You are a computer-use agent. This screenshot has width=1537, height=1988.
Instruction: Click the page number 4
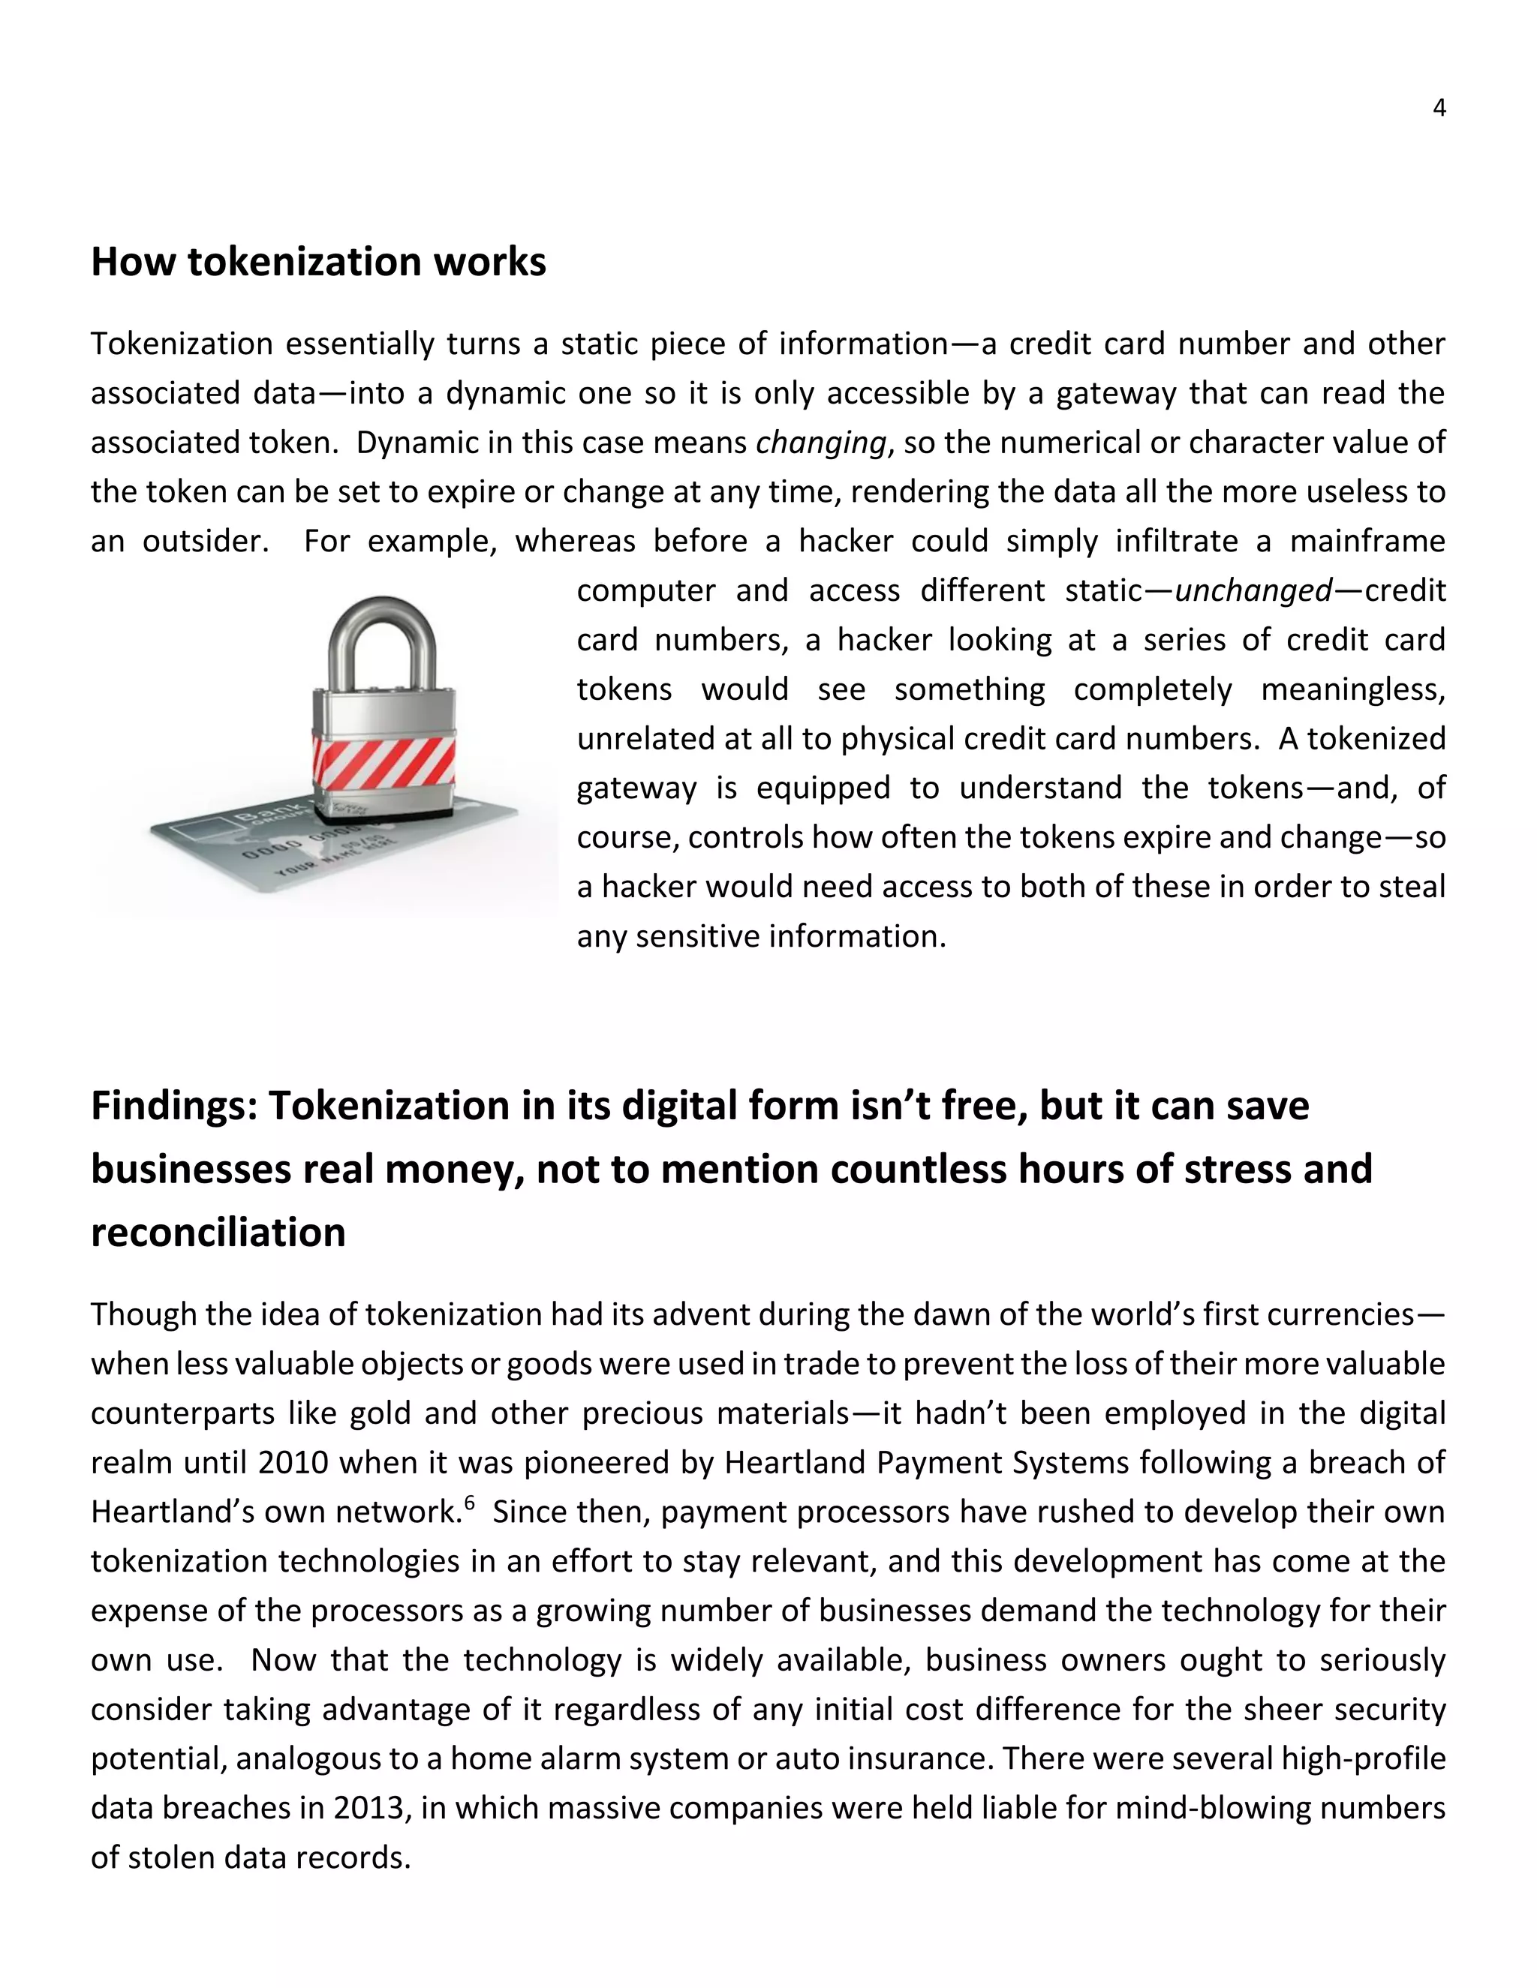[1439, 108]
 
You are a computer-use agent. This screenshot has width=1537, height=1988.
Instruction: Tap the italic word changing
[820, 443]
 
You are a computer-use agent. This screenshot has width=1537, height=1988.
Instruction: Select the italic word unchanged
[1254, 590]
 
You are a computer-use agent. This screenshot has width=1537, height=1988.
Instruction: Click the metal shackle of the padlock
[381, 641]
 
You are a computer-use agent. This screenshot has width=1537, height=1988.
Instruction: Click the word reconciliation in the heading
[218, 1233]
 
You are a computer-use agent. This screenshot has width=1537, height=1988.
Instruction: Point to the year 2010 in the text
[292, 1463]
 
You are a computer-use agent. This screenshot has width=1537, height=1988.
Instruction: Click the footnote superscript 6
[469, 1502]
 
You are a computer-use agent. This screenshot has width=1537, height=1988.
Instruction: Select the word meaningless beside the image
[1352, 690]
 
